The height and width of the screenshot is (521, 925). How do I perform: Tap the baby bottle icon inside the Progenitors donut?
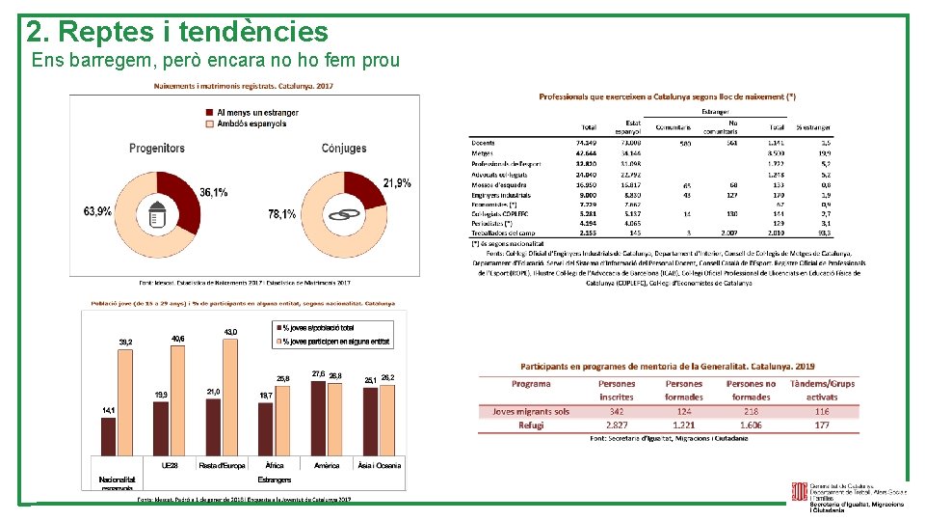[x=159, y=214]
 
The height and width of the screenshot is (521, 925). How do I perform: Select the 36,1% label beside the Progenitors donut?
[x=214, y=193]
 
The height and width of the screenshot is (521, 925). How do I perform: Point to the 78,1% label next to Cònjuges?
[x=282, y=214]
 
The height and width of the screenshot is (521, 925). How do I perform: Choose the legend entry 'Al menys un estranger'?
[x=257, y=112]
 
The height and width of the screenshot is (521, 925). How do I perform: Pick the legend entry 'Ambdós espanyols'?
[x=251, y=123]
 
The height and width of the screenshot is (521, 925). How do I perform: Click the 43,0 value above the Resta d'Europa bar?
[x=230, y=332]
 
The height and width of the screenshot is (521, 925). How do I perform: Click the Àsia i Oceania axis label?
[x=380, y=465]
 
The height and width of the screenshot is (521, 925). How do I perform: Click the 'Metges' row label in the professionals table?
[x=483, y=153]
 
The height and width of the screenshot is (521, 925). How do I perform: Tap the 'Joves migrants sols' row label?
[x=531, y=412]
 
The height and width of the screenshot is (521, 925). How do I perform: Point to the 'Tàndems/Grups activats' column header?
[x=822, y=390]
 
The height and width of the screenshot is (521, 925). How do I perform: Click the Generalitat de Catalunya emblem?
[x=800, y=494]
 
